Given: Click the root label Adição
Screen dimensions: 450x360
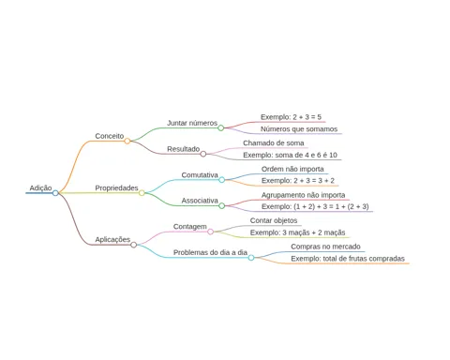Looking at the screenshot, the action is (x=40, y=187).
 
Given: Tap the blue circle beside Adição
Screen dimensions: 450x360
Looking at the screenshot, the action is (x=55, y=193).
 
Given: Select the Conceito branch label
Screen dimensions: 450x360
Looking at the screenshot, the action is (x=110, y=136).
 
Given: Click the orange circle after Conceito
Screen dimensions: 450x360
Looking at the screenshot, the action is (x=127, y=141).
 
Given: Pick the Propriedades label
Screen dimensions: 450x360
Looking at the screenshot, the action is (x=116, y=187).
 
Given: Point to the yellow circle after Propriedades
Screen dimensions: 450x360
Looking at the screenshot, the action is (x=142, y=193).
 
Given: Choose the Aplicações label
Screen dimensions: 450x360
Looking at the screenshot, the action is (x=112, y=239).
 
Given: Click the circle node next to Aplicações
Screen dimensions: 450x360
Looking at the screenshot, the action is (x=134, y=245).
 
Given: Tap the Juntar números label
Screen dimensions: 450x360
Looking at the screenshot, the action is (x=192, y=123).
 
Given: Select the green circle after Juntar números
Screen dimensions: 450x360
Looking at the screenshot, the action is (x=221, y=127).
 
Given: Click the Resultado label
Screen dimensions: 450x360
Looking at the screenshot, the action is (x=183, y=149).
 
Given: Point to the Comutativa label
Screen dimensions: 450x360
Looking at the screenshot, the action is (x=200, y=174).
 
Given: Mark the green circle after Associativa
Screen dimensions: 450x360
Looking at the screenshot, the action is (x=222, y=205).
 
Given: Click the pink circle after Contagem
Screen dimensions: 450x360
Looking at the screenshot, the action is (x=211, y=232).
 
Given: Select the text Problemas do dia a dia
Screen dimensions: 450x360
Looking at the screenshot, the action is (x=210, y=252).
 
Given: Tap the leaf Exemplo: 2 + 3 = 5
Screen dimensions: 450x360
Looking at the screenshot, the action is (x=291, y=117).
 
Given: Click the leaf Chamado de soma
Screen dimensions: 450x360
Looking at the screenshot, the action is (x=274, y=142).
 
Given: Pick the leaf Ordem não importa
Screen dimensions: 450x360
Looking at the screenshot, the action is (x=292, y=169).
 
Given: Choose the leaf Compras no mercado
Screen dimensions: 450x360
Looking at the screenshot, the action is (x=325, y=247).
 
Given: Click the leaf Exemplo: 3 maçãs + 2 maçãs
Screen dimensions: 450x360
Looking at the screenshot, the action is (x=297, y=232).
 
